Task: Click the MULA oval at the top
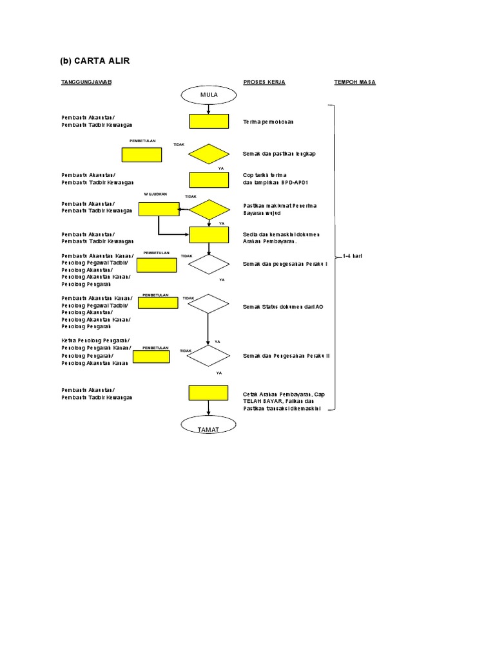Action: (209, 95)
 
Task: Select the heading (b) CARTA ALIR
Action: (95, 61)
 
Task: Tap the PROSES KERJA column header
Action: (264, 82)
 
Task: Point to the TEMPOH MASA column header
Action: (354, 82)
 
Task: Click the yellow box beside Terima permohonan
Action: (209, 122)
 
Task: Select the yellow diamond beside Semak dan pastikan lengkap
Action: (209, 154)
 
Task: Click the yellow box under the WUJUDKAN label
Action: (159, 209)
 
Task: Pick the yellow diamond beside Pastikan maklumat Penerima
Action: (209, 210)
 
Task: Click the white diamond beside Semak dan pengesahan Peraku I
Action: (208, 263)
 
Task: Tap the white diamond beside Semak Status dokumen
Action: (208, 303)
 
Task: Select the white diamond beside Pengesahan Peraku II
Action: (208, 355)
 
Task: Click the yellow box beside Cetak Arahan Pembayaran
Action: (208, 393)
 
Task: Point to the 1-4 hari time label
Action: (353, 256)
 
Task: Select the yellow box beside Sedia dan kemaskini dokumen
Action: (209, 235)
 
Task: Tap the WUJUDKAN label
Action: (156, 194)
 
